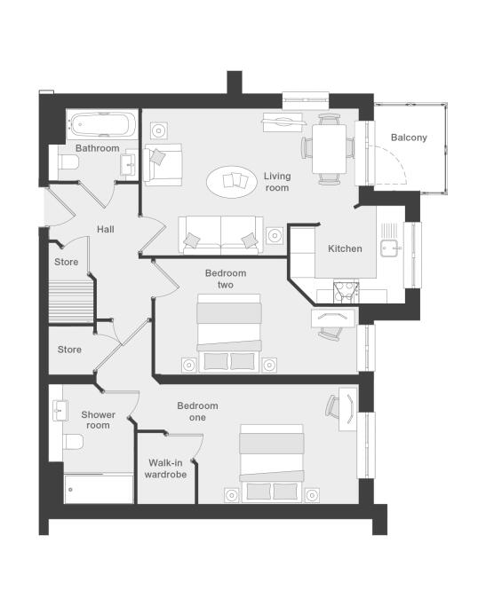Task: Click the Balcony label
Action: click(x=409, y=138)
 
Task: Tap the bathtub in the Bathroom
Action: click(x=102, y=124)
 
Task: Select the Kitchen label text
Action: click(x=345, y=248)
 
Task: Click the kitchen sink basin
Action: click(x=389, y=248)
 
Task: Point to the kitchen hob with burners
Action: click(x=346, y=293)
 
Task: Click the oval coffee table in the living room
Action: click(x=232, y=182)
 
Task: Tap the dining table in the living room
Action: click(x=330, y=149)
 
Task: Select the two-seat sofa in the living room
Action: click(x=220, y=235)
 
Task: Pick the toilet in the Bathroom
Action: click(x=68, y=162)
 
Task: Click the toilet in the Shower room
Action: click(x=72, y=441)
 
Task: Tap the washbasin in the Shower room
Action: click(x=60, y=410)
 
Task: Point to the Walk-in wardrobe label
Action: click(x=165, y=468)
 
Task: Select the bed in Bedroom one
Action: click(x=272, y=463)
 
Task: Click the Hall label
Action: click(x=105, y=229)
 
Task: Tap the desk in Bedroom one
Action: click(x=348, y=409)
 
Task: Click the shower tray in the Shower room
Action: click(x=99, y=489)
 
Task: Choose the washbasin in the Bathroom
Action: click(x=128, y=165)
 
